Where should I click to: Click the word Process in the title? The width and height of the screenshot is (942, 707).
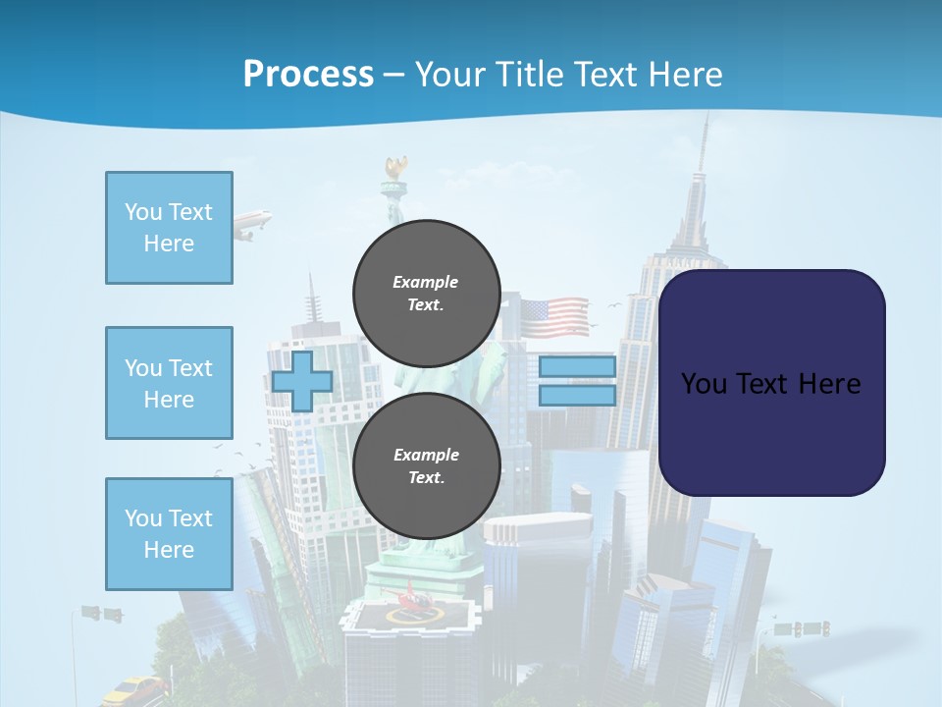308,75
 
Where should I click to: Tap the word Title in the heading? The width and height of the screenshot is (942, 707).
531,75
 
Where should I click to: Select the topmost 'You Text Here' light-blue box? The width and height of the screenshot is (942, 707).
169,228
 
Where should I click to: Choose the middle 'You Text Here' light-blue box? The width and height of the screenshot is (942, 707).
169,383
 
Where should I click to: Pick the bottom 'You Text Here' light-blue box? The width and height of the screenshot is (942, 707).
169,533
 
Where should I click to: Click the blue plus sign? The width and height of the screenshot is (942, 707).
302,380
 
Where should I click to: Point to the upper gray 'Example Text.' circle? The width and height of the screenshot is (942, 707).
426,293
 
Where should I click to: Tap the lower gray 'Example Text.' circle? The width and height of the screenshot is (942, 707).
426,465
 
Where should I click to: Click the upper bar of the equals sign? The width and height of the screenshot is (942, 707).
577,367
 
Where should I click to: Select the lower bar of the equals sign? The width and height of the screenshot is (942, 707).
577,396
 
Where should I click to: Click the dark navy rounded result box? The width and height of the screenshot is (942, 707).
771,382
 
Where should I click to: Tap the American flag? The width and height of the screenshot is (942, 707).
553,317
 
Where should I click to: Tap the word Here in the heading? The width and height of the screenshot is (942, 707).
684,75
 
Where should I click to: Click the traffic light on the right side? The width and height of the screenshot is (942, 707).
813,627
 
